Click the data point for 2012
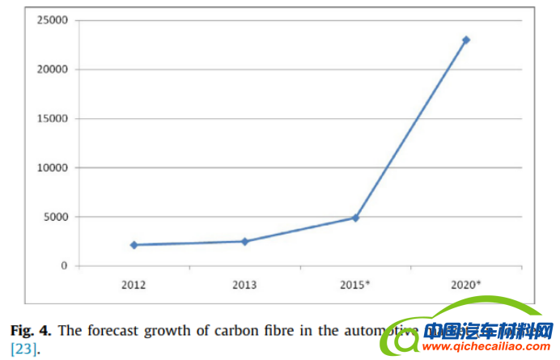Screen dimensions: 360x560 [134, 244]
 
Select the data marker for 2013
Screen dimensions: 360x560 [244, 241]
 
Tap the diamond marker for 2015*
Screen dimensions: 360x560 [355, 218]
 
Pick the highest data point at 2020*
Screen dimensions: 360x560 [466, 40]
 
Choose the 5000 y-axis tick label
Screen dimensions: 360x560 [57, 217]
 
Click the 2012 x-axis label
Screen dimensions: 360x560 [134, 284]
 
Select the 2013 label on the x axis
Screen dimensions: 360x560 [244, 284]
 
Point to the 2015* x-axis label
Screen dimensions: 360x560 [356, 284]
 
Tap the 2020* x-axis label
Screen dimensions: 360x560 [467, 284]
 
